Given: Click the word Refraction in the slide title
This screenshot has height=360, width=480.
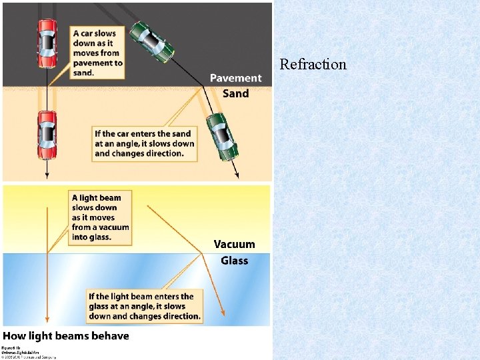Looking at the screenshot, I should click(313, 65).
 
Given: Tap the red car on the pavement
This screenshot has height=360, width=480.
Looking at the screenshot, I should click(47, 43).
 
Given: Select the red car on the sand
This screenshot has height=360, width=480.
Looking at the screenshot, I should click(47, 135).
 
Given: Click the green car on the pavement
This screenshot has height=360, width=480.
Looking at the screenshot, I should click(152, 42).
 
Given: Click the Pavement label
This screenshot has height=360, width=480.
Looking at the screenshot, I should click(236, 79).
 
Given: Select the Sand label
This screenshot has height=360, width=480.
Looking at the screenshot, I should click(235, 93).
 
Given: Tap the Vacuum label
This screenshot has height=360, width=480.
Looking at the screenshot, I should click(234, 245).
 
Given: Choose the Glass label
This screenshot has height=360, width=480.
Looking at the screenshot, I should click(234, 260).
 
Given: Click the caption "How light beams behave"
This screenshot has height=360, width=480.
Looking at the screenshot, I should click(65, 335).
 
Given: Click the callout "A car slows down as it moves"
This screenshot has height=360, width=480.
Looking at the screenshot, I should click(97, 53).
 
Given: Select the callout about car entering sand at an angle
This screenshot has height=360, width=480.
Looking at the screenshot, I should click(145, 143).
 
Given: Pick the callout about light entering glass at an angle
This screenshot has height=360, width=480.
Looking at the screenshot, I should click(145, 306).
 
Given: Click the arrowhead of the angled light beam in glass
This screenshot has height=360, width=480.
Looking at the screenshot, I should click(223, 314).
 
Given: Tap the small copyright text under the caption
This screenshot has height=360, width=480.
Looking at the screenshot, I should click(20, 351).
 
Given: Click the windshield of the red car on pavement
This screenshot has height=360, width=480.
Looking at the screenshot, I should click(47, 37).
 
